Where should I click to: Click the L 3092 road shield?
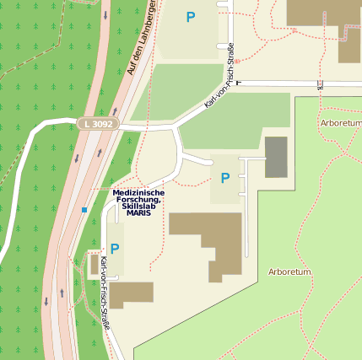98,124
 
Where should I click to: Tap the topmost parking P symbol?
191,16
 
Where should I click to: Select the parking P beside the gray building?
224,178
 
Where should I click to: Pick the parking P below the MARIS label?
115,249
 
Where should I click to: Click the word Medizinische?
138,192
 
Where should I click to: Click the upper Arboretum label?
341,123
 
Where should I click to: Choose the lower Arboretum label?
289,272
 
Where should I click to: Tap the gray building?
276,157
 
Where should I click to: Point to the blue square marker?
84,209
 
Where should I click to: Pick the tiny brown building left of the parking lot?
95,265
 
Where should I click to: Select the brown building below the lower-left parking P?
131,294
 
